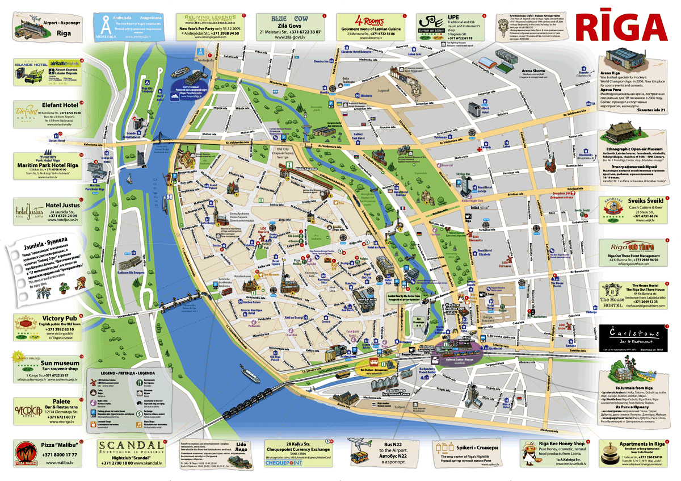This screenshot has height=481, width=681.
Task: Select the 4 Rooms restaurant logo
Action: point(371,17)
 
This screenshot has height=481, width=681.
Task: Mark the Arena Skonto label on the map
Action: point(533,71)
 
